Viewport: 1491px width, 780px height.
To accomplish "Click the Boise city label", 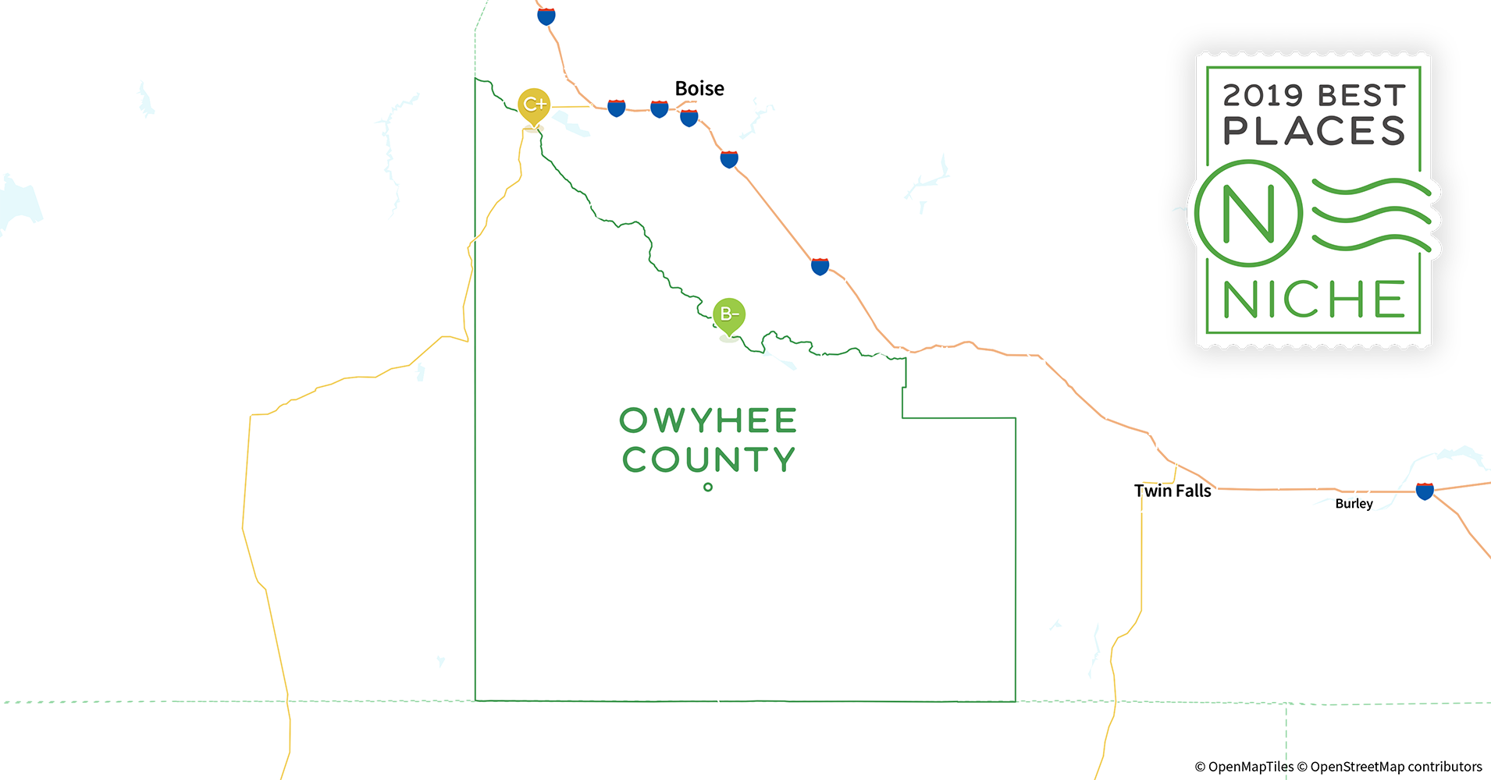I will [699, 89].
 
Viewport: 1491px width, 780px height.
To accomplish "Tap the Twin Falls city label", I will [1173, 491].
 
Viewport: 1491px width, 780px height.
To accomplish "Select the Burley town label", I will [1354, 504].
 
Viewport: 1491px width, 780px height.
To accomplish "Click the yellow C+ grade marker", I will [534, 105].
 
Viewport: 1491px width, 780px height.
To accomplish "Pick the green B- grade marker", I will [729, 315].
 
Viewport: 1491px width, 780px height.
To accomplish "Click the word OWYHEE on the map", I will [708, 420].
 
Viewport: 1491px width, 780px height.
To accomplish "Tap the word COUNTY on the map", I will [708, 459].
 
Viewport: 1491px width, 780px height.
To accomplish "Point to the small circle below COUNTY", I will [708, 487].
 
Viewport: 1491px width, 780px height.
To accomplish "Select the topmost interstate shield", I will [546, 16].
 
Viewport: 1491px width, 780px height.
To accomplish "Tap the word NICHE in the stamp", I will [1314, 300].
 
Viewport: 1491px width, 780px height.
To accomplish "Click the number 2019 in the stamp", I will [1263, 96].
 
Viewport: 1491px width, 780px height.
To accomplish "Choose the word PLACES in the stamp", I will [1314, 131].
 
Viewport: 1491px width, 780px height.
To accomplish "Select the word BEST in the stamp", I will [1361, 96].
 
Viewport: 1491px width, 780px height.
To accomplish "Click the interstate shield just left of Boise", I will [660, 108].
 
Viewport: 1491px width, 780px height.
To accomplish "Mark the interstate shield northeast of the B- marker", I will [820, 266].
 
